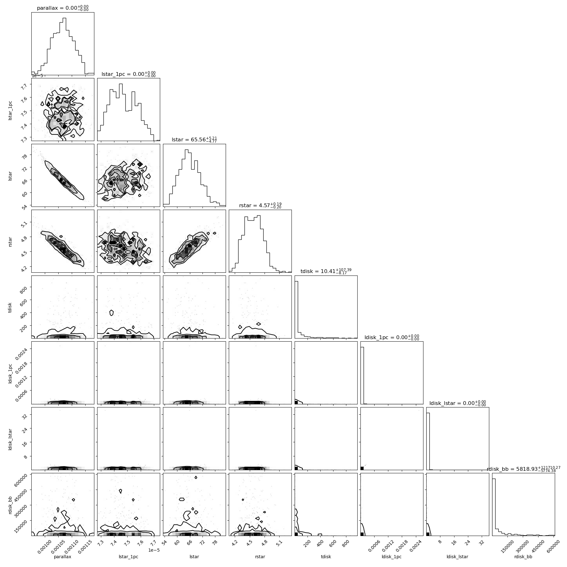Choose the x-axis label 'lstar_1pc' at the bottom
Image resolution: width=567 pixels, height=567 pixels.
click(x=129, y=557)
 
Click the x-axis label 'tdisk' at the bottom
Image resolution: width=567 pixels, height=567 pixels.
click(x=326, y=557)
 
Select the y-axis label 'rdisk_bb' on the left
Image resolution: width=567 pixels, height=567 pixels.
click(x=10, y=504)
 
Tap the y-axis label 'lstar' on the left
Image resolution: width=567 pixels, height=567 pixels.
click(x=10, y=176)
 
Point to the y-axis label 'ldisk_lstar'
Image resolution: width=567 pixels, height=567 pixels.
click(x=10, y=438)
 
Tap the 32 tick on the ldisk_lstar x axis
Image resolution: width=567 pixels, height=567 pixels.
click(x=480, y=542)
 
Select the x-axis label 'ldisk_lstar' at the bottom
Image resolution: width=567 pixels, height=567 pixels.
click(x=458, y=557)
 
